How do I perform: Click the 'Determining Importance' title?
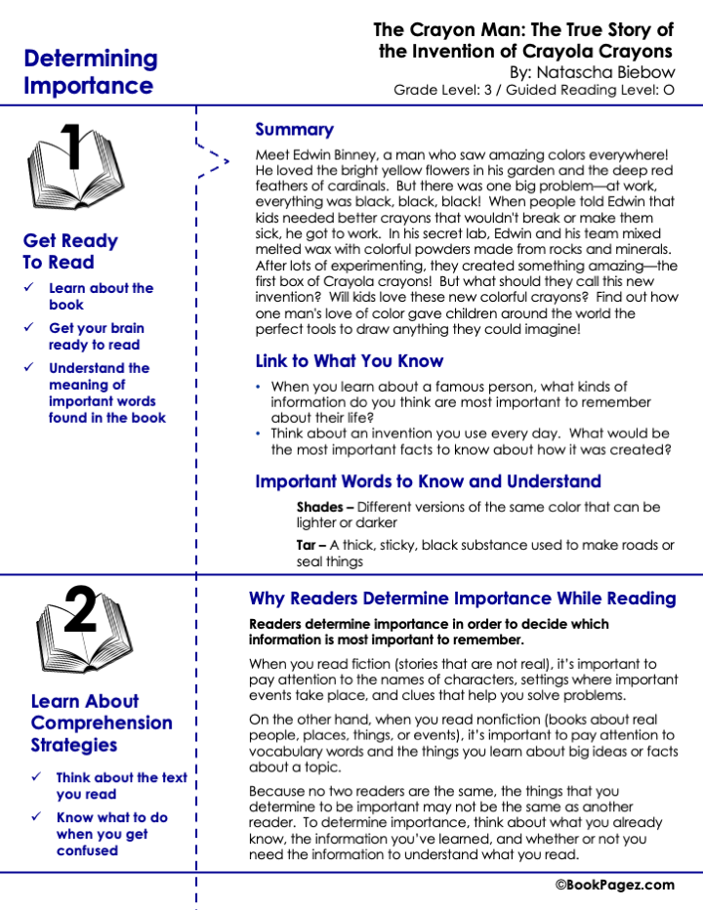[x=90, y=71]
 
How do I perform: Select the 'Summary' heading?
[x=294, y=129]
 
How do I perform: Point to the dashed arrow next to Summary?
[x=215, y=159]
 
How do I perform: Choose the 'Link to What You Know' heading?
[x=349, y=361]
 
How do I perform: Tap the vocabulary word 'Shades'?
[x=318, y=507]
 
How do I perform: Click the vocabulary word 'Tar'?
[x=305, y=545]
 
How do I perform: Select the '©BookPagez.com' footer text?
[x=614, y=885]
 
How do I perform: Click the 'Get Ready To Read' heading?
[x=70, y=251]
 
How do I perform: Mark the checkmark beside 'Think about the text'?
[x=37, y=777]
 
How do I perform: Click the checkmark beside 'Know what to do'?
[x=37, y=817]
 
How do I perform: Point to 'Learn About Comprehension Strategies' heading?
[x=102, y=723]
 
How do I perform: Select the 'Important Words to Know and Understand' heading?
[x=428, y=481]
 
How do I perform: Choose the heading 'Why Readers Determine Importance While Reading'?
[x=462, y=599]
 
